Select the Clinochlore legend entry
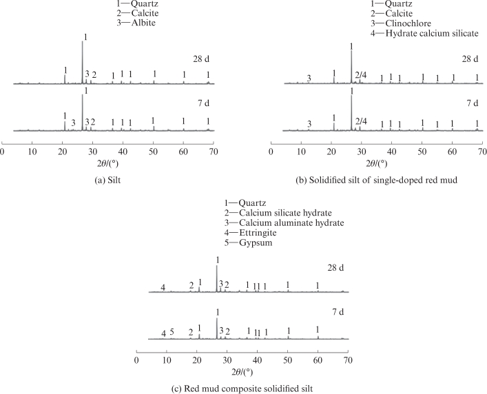[x=401, y=23]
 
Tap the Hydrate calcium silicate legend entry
[x=424, y=33]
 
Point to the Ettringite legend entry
[x=250, y=233]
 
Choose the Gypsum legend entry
[x=248, y=242]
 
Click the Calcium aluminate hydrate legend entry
[x=284, y=222]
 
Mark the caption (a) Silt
[x=107, y=180]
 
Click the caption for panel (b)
[x=376, y=180]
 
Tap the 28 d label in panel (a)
[x=201, y=59]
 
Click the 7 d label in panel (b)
[x=473, y=103]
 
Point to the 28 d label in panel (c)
[x=335, y=268]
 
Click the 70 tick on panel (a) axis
[x=214, y=152]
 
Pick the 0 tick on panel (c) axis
[x=136, y=360]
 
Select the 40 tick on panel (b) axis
[x=392, y=152]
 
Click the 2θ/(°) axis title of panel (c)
[x=242, y=372]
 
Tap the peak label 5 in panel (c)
[x=172, y=332]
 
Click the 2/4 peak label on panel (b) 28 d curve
[x=361, y=75]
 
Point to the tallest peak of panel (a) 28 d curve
[x=82, y=41]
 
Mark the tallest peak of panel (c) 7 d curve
[x=216, y=318]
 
